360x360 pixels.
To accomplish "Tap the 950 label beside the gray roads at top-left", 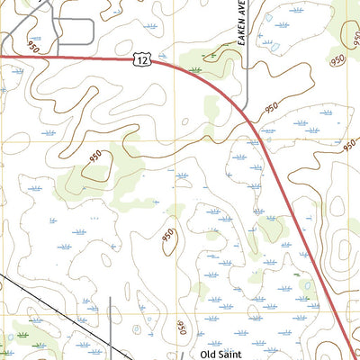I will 35,44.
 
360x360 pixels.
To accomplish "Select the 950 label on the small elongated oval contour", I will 167,236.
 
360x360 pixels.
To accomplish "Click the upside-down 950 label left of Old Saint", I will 177,326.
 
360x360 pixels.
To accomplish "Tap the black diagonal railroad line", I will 54,315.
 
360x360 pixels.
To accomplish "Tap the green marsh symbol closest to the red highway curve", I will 195,68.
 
